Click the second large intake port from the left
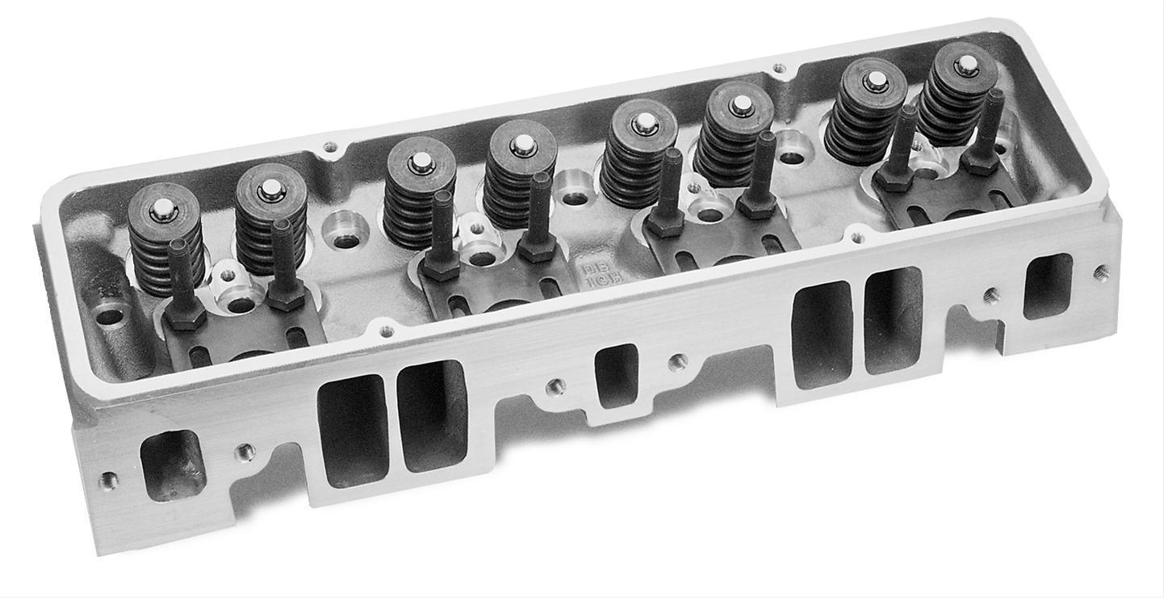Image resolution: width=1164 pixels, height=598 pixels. pos(432,416)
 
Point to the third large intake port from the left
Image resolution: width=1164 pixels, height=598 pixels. pos(822,333)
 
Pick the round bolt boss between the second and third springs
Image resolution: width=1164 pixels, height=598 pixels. pos(345,229)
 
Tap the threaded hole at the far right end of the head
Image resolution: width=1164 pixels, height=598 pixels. pos(1100,272)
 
